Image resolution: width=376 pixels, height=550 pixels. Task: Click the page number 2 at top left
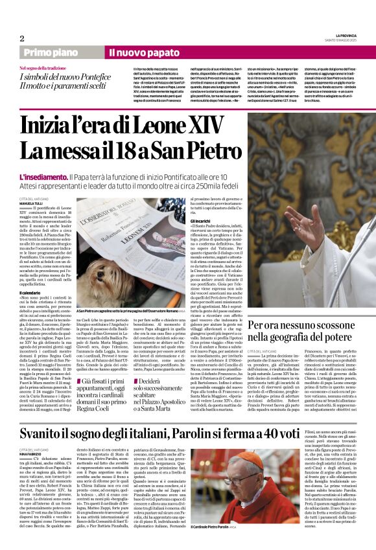[x=21, y=38]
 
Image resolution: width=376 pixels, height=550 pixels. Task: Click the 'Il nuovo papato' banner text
[x=135, y=52]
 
